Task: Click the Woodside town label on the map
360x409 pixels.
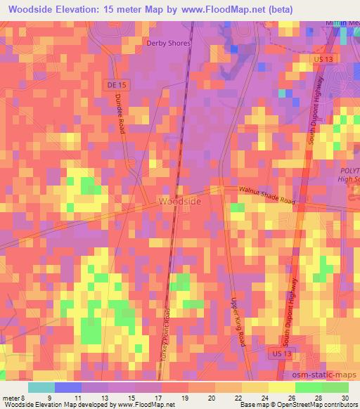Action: pyautogui.click(x=180, y=202)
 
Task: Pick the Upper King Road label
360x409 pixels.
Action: pyautogui.click(x=238, y=320)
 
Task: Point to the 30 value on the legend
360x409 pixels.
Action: pyautogui.click(x=344, y=397)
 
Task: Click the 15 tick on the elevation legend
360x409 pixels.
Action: pyautogui.click(x=122, y=397)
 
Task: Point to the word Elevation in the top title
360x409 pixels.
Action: pyautogui.click(x=88, y=9)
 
